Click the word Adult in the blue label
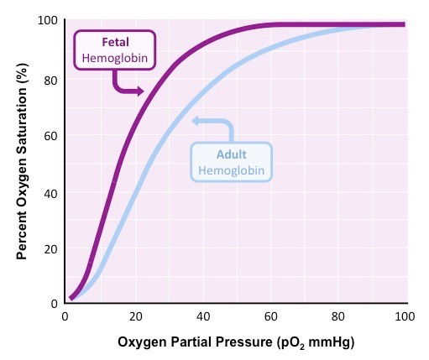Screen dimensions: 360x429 (x=231, y=155)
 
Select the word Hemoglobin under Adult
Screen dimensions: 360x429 (x=231, y=170)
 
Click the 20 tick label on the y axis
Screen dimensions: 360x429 (x=50, y=249)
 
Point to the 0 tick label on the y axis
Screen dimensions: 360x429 (x=54, y=304)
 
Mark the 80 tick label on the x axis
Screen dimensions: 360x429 (x=337, y=316)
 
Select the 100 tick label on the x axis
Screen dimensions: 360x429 (x=404, y=316)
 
